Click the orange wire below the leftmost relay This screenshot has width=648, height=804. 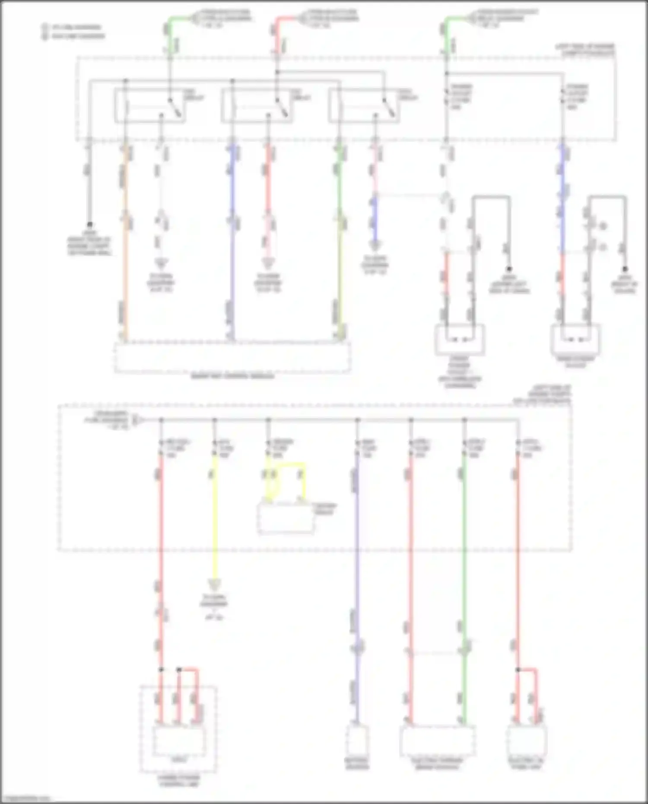click(x=126, y=259)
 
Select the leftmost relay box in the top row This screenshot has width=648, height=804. click(x=150, y=105)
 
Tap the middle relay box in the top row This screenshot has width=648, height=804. click(x=257, y=105)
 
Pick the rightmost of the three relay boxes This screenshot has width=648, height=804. click(x=364, y=105)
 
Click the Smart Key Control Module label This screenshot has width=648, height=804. click(x=232, y=377)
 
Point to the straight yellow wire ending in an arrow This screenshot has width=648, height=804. click(x=214, y=518)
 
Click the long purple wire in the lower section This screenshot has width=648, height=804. click(x=357, y=562)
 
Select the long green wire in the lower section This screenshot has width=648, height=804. click(x=464, y=562)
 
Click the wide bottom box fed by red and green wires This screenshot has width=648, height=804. click(x=437, y=740)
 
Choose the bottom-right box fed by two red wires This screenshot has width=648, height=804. click(x=527, y=740)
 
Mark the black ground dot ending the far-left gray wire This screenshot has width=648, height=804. click(x=89, y=225)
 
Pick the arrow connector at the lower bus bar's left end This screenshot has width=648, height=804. click(x=135, y=419)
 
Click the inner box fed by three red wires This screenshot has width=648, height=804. click(x=178, y=740)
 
